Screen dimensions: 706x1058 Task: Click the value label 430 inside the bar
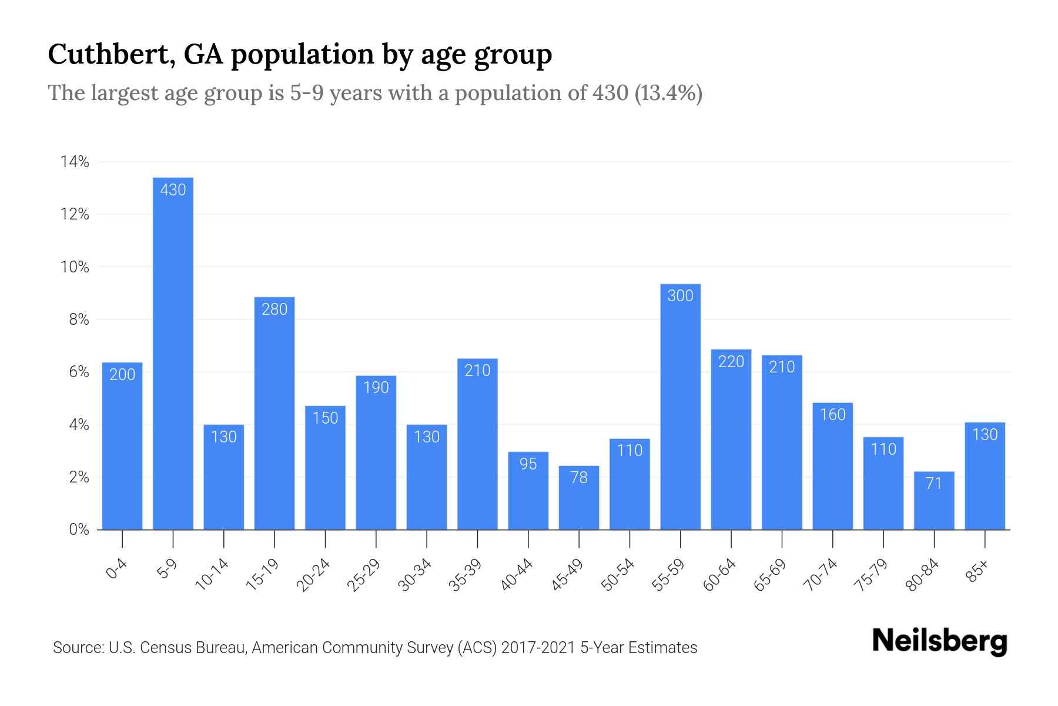(x=173, y=189)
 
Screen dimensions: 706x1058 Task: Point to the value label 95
(x=528, y=464)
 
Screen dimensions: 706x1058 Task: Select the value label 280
(x=274, y=309)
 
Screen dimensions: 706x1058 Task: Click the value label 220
(x=731, y=361)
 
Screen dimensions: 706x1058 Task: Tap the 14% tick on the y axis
(x=75, y=162)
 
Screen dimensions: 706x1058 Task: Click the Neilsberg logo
(x=939, y=641)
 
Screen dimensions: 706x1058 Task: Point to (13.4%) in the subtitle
(x=668, y=93)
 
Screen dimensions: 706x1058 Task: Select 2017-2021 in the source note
(x=538, y=648)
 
